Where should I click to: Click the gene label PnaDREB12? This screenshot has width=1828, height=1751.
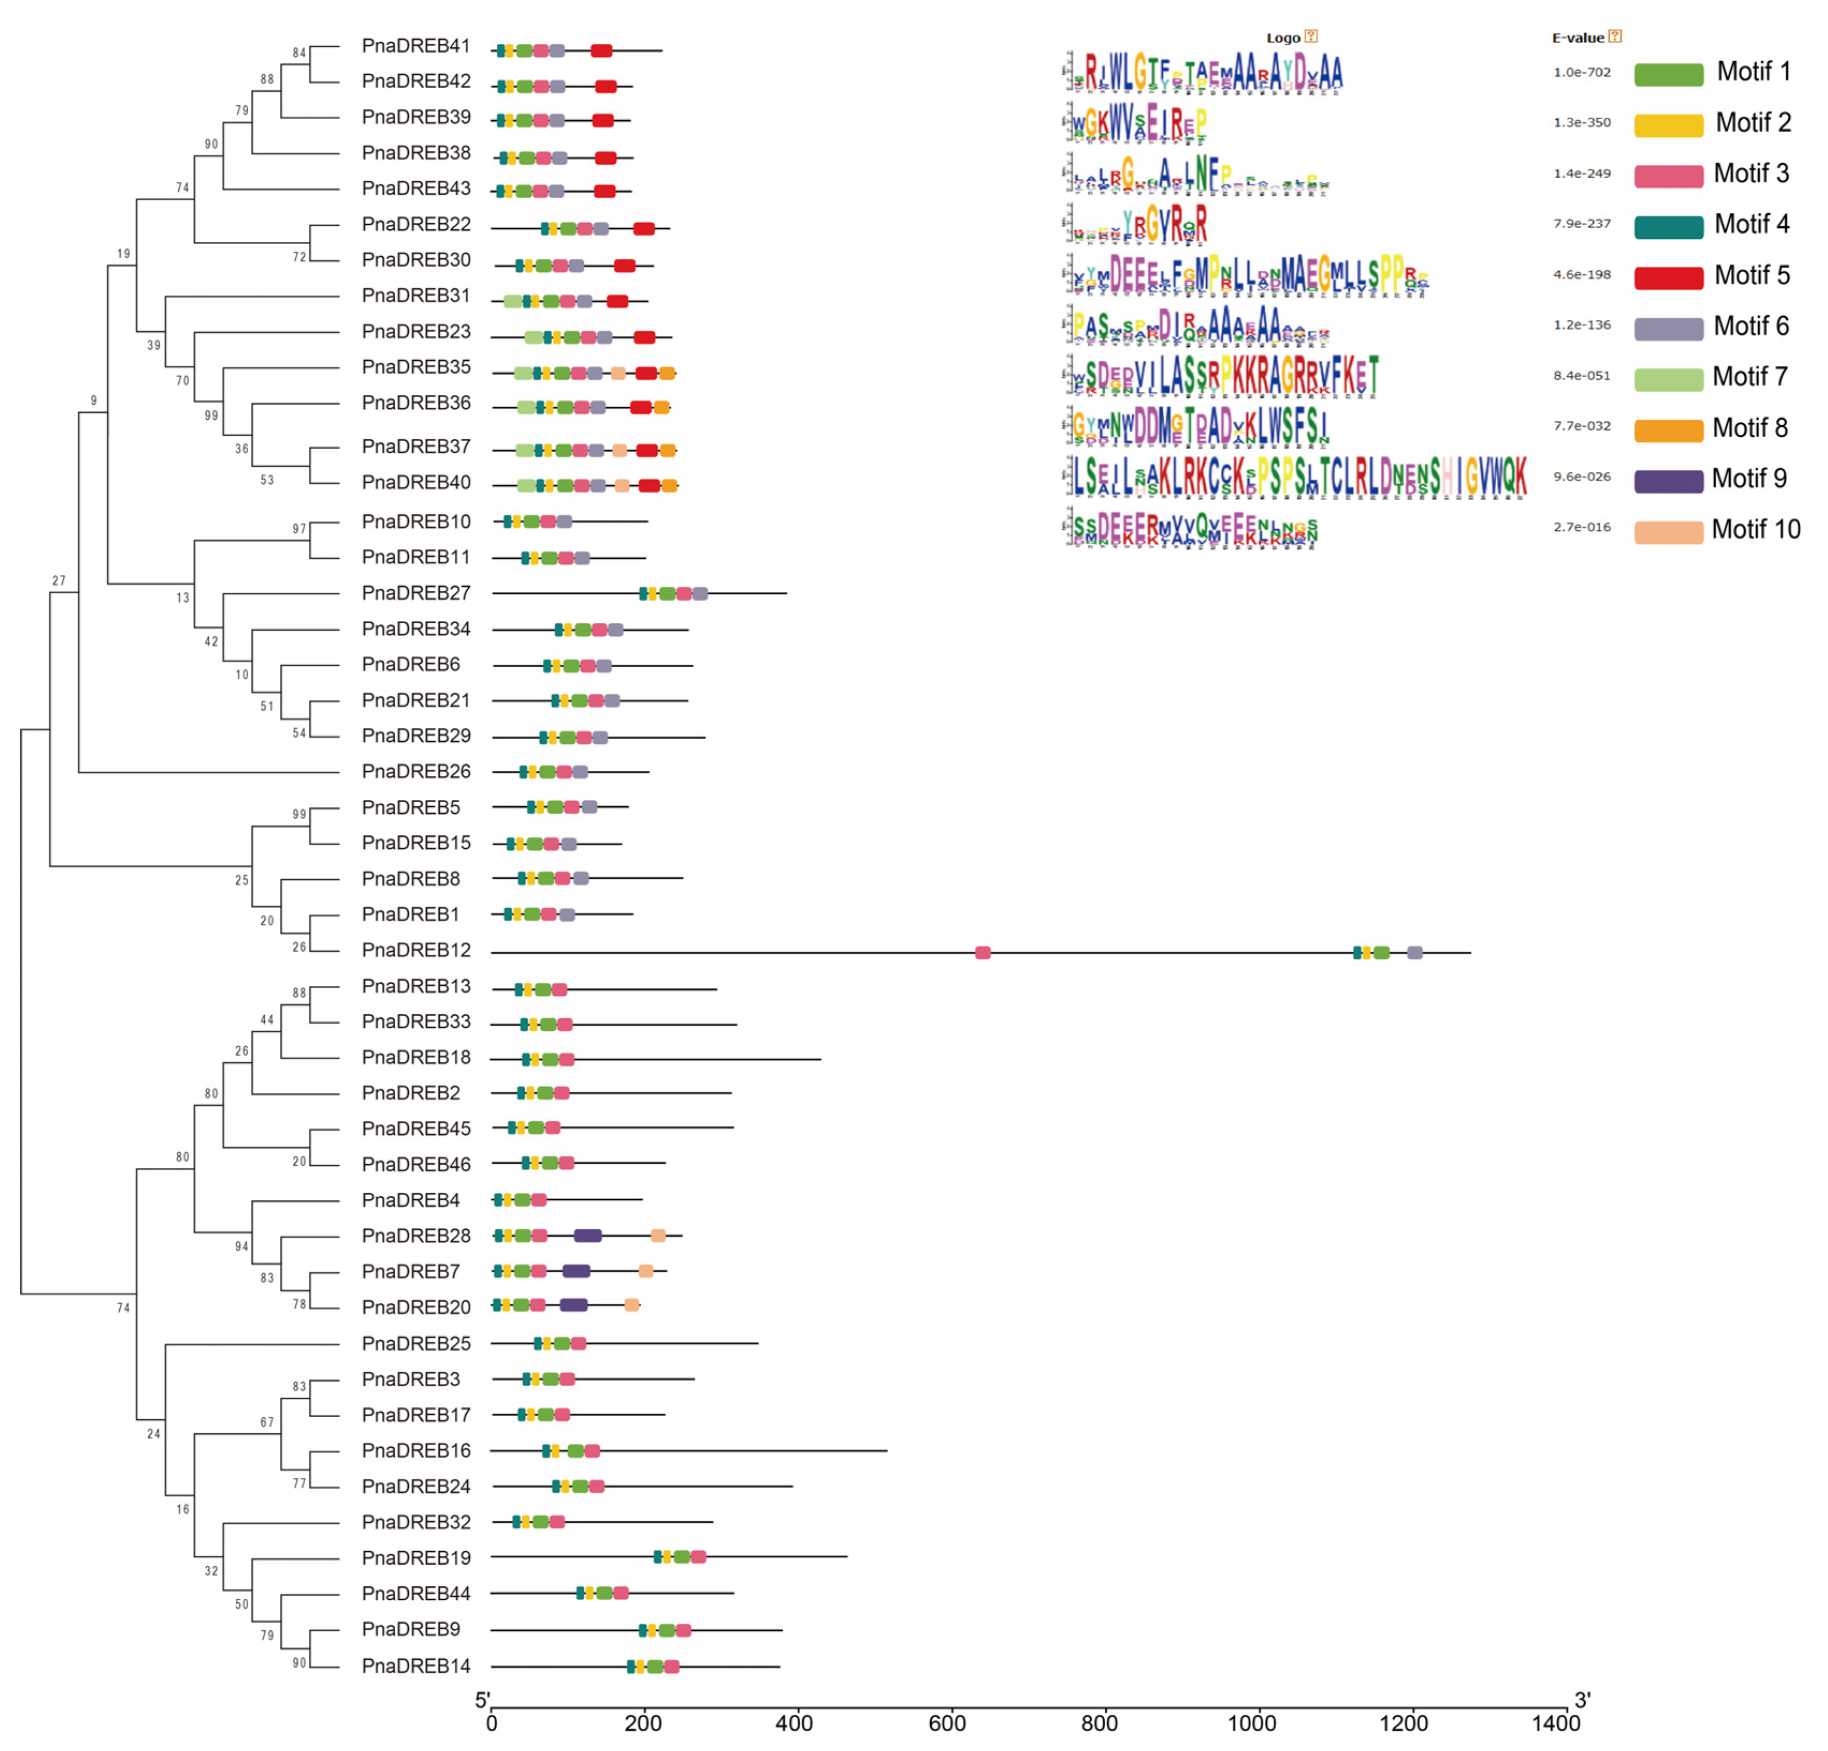pos(416,950)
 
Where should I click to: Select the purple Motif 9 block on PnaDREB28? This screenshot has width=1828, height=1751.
pos(587,1236)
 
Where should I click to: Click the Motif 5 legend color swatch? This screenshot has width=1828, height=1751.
pos(1669,277)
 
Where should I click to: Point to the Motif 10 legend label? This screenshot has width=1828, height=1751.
pos(1756,530)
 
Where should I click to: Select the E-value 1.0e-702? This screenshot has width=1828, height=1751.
pos(1582,72)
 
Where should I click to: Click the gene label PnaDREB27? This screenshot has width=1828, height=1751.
pos(416,593)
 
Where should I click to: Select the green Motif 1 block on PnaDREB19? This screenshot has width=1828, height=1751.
pos(682,1557)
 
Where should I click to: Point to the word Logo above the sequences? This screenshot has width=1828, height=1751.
pos(1282,38)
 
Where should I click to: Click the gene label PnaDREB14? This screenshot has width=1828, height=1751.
pos(416,1666)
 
